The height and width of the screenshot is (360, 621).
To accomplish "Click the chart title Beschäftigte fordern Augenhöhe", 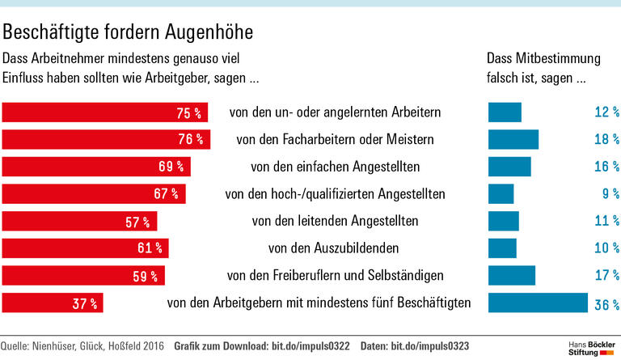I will click(128, 32).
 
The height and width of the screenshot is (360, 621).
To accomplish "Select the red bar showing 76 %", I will click(106, 139).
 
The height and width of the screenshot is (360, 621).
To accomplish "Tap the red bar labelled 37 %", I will click(53, 303).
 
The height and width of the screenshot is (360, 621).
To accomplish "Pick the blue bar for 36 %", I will click(537, 303).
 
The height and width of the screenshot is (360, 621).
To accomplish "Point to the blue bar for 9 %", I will click(501, 194).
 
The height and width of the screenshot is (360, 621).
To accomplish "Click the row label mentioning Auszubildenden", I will click(335, 248).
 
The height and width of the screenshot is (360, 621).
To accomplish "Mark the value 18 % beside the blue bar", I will click(606, 140).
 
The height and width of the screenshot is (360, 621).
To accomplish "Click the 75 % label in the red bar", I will click(188, 112).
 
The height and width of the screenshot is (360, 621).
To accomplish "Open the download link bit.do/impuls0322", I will click(308, 346).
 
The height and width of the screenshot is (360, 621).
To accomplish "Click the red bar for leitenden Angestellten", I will click(80, 221).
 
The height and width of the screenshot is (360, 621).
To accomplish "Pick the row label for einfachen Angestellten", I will click(335, 167).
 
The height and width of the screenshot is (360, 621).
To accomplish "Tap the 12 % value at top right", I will click(606, 112).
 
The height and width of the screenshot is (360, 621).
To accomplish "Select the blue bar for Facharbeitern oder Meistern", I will click(513, 139).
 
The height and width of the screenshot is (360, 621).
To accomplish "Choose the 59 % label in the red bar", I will click(145, 276).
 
